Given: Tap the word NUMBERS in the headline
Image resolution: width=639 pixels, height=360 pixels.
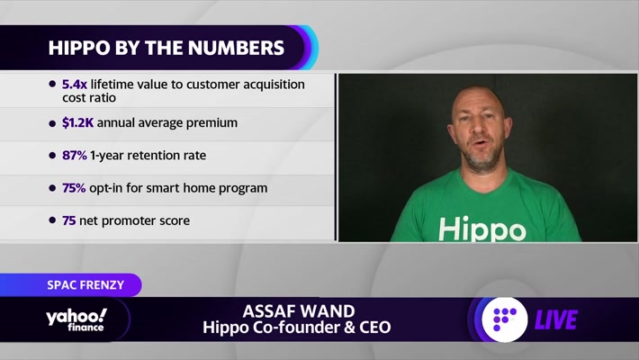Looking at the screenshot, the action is (x=236, y=48).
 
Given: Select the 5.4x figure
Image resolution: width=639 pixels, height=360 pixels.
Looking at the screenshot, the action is (x=74, y=85).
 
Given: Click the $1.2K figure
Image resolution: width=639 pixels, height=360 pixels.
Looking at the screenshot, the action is (x=77, y=122).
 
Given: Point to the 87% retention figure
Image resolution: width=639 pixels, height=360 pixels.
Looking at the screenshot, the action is (x=74, y=156).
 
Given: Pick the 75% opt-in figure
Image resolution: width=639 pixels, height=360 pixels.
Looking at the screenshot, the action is (x=74, y=188).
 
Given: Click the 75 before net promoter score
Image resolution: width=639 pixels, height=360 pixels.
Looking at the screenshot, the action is (x=69, y=220).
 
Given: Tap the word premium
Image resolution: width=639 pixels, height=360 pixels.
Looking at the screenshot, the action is (x=211, y=123).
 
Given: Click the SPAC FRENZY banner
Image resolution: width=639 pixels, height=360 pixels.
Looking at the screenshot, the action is (x=85, y=284).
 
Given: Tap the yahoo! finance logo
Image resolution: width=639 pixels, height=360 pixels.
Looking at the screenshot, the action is (x=76, y=319).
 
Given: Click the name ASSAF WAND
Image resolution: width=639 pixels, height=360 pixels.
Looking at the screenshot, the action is (x=299, y=311).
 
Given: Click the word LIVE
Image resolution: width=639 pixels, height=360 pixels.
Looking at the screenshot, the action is (x=556, y=319).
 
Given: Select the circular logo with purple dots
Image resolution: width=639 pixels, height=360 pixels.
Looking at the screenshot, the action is (x=505, y=319).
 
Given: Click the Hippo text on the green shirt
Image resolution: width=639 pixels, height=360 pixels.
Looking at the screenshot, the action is (x=482, y=229).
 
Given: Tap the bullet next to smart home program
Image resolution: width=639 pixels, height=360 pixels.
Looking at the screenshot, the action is (x=52, y=188).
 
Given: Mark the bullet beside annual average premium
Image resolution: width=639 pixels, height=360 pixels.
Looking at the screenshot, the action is (x=52, y=123).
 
